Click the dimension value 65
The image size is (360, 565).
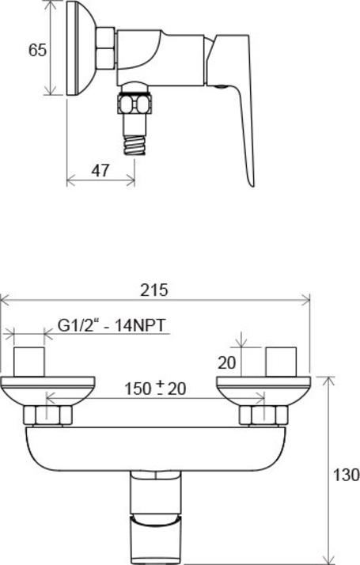[36, 50]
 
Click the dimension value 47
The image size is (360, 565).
[99, 170]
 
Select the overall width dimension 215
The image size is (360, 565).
[154, 290]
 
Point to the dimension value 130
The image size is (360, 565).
[346, 475]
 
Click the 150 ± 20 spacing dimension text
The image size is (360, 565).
[154, 389]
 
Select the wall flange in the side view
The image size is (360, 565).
[78, 47]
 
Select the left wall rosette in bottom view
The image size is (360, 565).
[47, 391]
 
